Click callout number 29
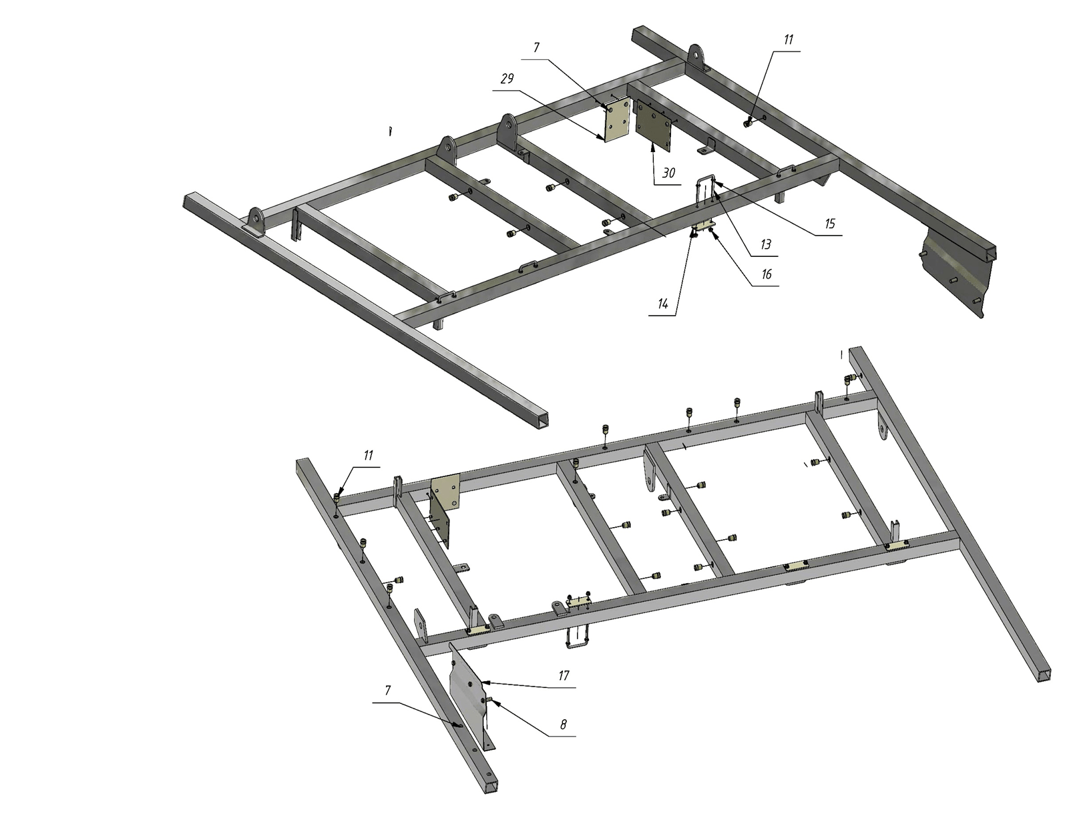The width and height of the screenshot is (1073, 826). click(x=507, y=79)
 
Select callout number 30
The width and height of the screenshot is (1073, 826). click(x=668, y=173)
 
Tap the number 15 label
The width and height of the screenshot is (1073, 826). click(x=829, y=224)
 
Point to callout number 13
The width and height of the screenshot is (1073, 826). click(x=765, y=244)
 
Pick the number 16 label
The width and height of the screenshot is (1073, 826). click(x=766, y=274)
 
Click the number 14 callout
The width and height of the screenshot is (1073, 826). click(x=662, y=304)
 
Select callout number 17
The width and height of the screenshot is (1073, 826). click(x=564, y=675)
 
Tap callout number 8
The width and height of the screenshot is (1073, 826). click(x=563, y=725)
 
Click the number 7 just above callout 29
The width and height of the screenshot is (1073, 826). click(x=536, y=47)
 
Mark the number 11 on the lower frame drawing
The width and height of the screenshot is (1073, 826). click(x=368, y=455)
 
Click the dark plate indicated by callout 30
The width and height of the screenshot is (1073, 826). click(x=654, y=125)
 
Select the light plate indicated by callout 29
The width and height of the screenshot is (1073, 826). click(x=617, y=119)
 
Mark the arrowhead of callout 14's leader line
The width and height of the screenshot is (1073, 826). click(x=692, y=235)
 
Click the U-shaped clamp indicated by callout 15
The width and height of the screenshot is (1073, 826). click(x=706, y=190)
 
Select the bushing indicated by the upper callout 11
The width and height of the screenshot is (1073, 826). click(x=748, y=123)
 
